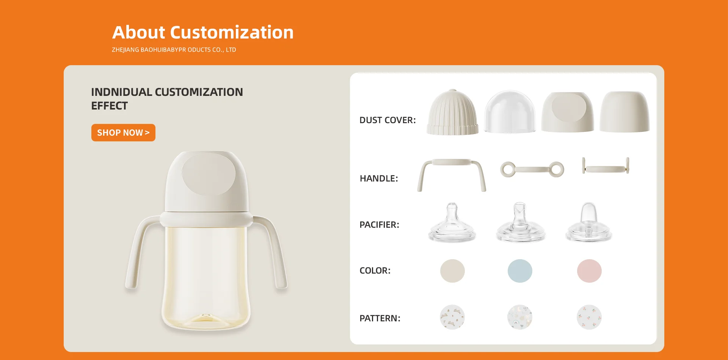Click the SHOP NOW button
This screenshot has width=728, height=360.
123,133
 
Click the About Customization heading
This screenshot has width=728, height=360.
203,32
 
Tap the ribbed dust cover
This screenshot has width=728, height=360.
452,112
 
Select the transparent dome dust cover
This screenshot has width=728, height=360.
510,112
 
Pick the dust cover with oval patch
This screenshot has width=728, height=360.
568,112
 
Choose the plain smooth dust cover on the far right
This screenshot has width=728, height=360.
624,112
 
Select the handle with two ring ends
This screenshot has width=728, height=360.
532,169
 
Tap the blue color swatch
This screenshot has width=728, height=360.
520,271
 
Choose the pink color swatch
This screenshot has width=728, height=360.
589,271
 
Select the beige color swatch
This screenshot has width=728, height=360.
452,271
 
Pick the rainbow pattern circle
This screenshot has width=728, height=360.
520,317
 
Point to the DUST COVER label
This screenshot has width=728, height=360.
388,120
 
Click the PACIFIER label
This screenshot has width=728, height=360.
379,225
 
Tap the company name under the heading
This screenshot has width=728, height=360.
174,50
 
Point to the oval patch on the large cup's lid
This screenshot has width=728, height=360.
209,174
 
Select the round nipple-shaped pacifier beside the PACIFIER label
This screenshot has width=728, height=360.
452,224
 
